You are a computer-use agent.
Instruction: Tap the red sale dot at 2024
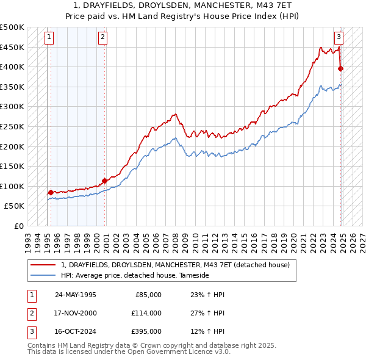coord(340,68)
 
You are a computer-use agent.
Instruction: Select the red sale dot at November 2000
coord(105,181)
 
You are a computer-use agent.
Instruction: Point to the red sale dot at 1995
coord(51,192)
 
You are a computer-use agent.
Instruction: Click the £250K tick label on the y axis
coord(12,126)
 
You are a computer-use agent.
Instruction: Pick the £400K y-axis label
coord(12,67)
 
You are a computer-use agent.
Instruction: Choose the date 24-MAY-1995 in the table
coord(76,295)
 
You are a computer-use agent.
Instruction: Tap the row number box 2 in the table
coord(31,313)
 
